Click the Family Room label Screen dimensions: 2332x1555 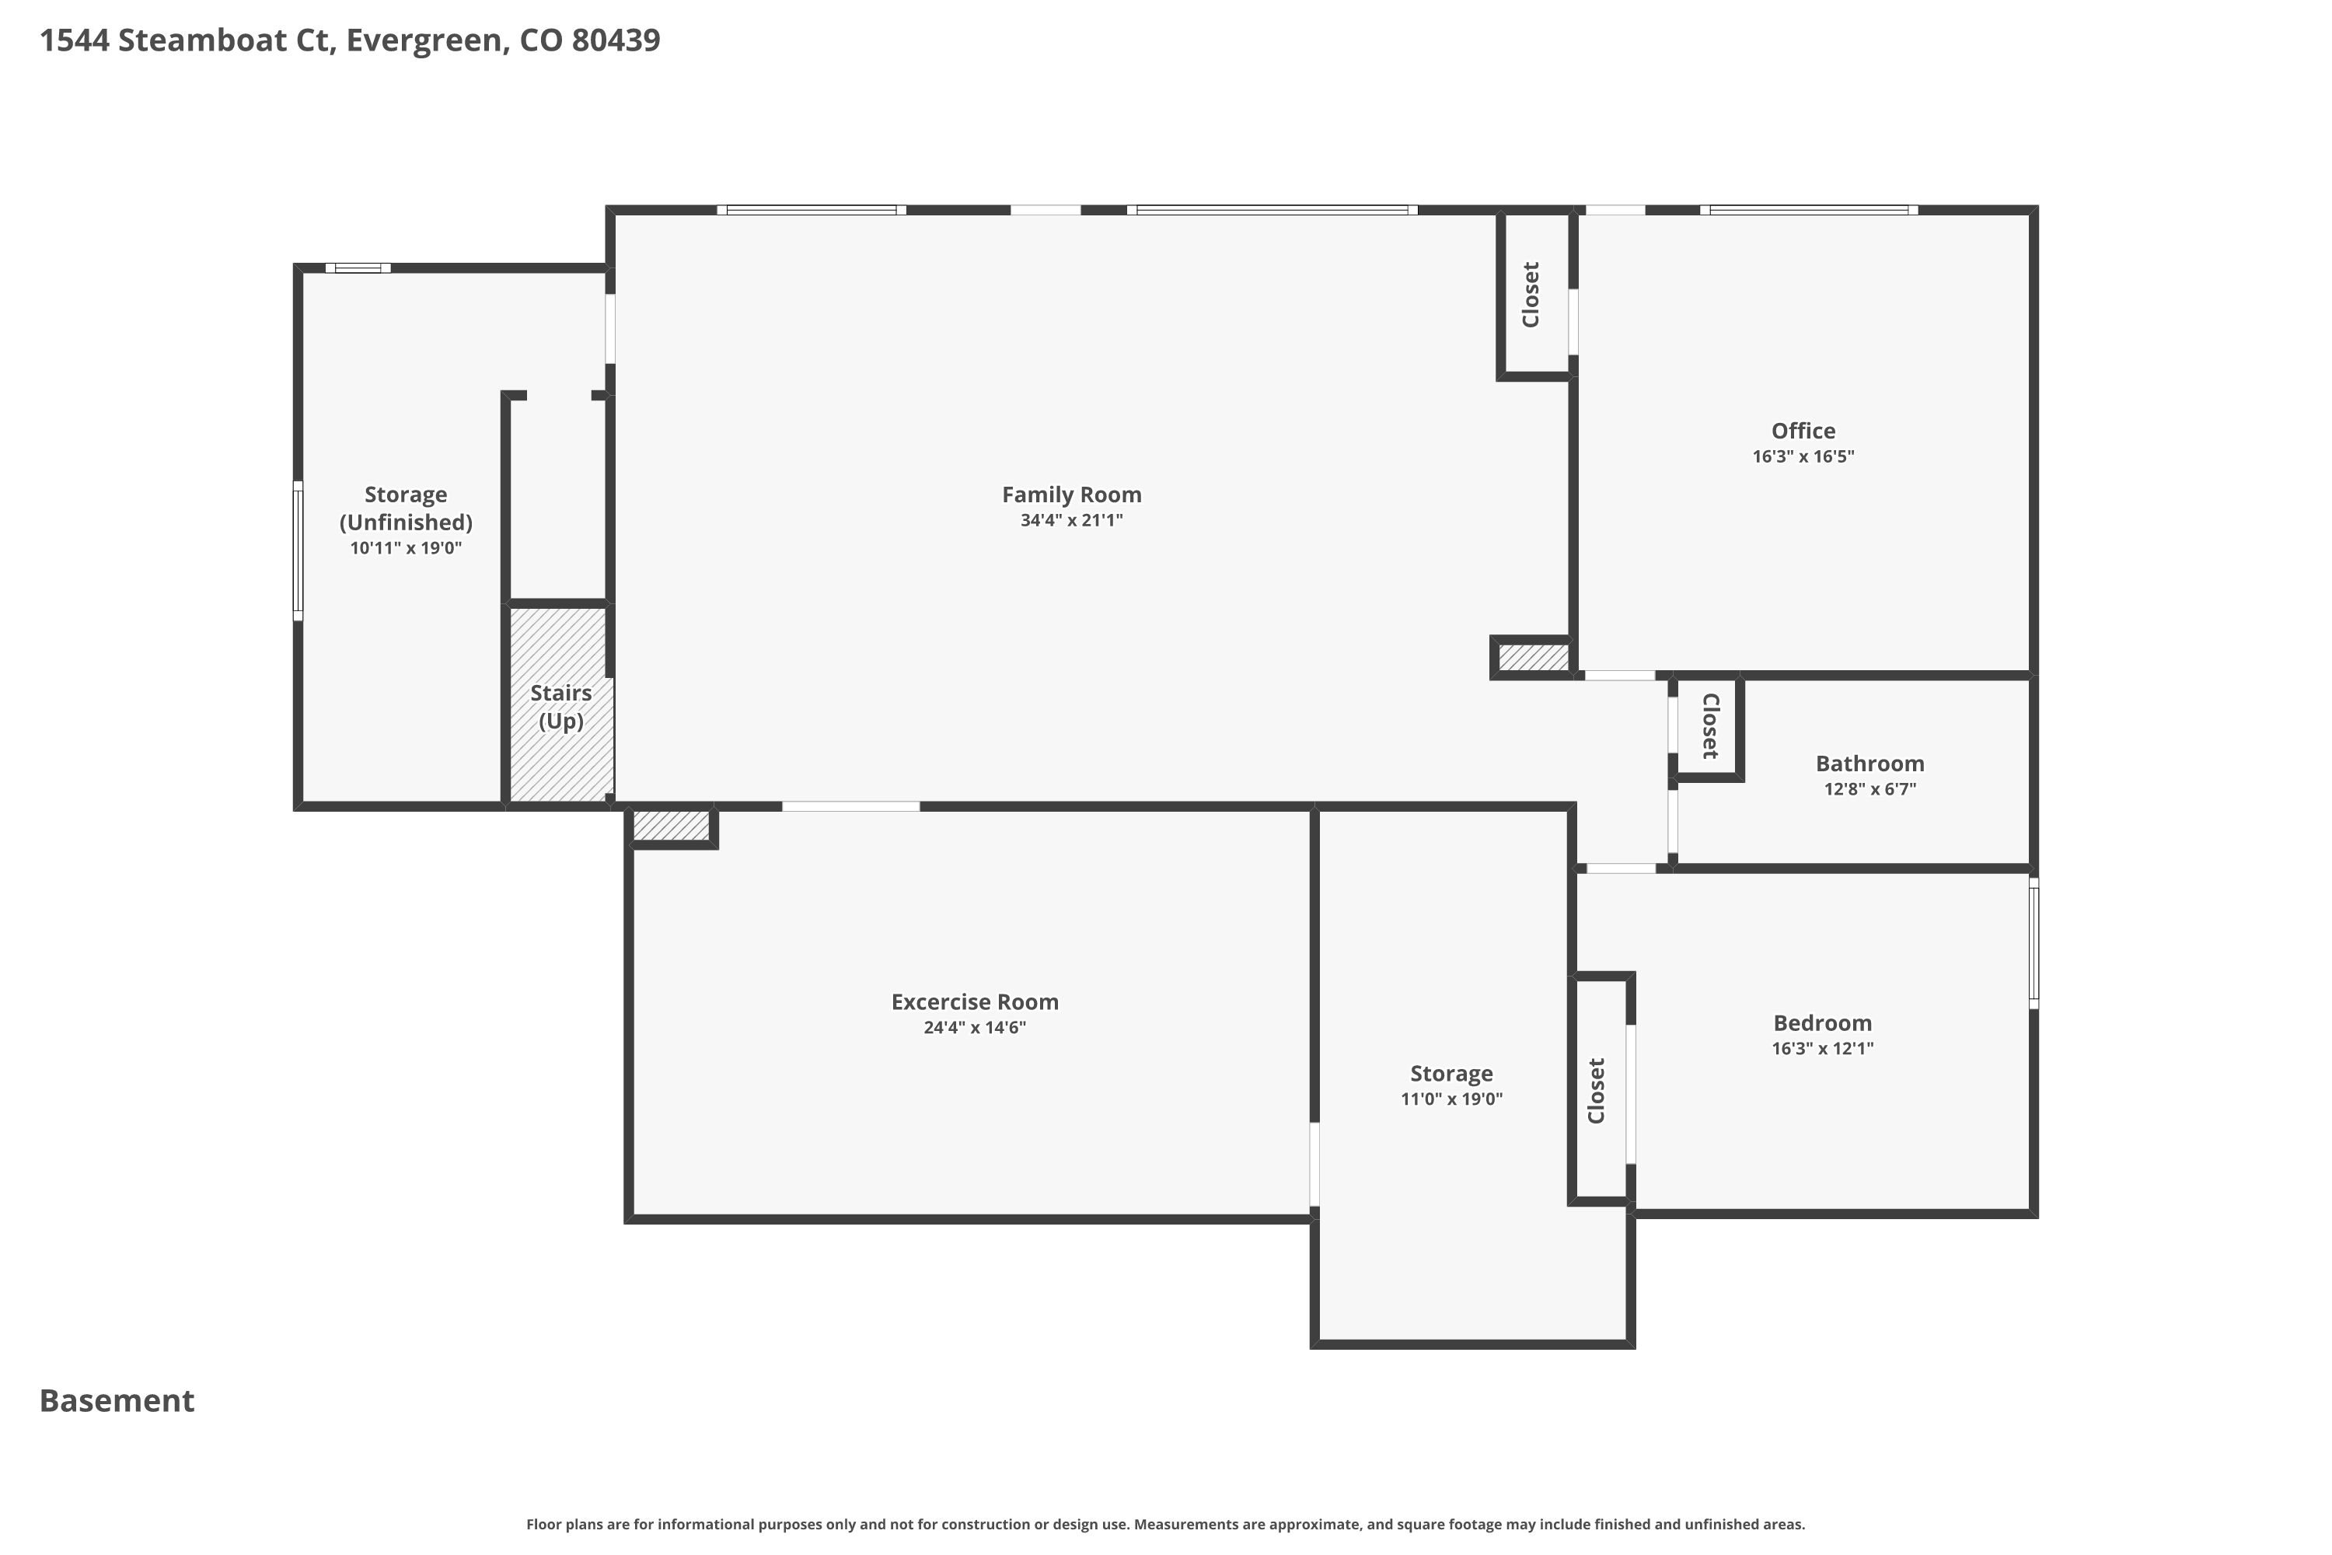tap(1071, 494)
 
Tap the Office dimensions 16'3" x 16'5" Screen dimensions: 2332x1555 tap(1803, 456)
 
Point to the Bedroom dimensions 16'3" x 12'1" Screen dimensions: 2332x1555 tap(1822, 1048)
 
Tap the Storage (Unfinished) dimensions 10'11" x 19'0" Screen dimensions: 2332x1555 tap(406, 547)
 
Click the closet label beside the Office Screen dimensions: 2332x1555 tap(1531, 295)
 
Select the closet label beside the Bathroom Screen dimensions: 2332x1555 tap(1710, 726)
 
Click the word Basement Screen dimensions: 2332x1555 tap(117, 1400)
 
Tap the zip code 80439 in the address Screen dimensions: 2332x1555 tap(616, 40)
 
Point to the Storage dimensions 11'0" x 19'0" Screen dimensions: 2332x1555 tap(1451, 1099)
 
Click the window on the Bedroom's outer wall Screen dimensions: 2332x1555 tap(2034, 943)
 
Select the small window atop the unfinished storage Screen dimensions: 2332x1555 tap(358, 267)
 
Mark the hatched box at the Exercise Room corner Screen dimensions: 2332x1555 tap(672, 825)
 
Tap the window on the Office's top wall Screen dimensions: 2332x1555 tap(1809, 210)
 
